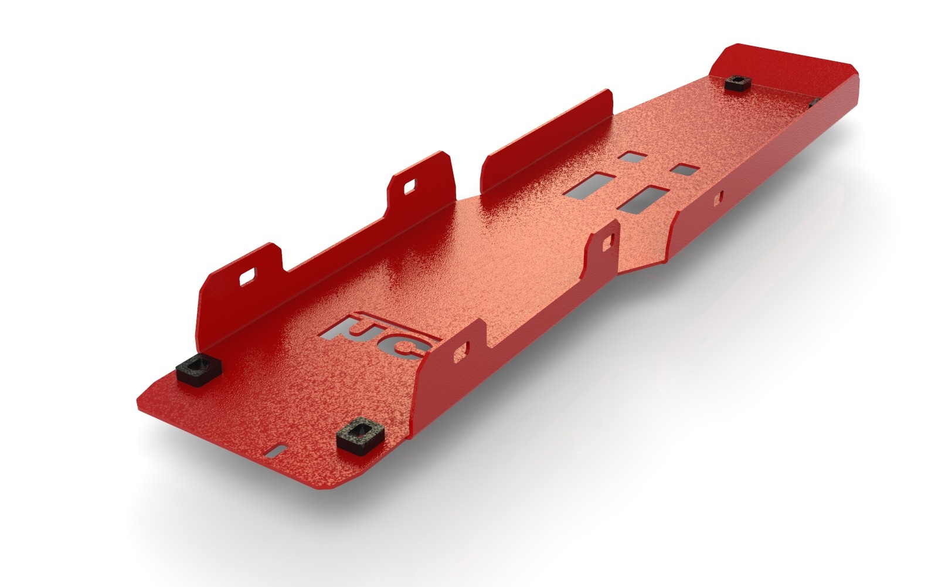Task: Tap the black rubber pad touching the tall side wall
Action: coord(198,370)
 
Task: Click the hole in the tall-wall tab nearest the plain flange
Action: coord(409,187)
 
